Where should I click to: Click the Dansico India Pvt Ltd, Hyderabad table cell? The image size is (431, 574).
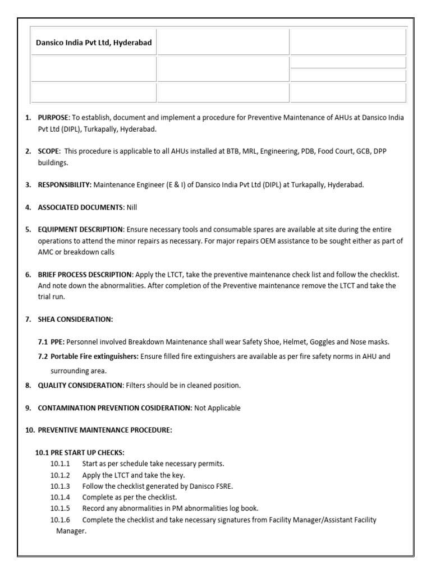pyautogui.click(x=94, y=43)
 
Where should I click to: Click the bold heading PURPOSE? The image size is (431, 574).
pyautogui.click(x=52, y=118)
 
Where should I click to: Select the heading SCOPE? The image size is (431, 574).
pyautogui.click(x=49, y=151)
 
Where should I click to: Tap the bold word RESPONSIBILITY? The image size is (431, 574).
pyautogui.click(x=64, y=185)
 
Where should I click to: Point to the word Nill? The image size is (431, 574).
pyautogui.click(x=132, y=207)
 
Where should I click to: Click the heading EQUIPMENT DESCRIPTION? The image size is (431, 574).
pyautogui.click(x=80, y=230)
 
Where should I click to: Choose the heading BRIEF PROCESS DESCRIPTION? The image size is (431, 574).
pyautogui.click(x=85, y=275)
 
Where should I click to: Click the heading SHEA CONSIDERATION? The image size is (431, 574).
pyautogui.click(x=75, y=319)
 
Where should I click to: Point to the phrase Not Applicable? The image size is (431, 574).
pyautogui.click(x=217, y=408)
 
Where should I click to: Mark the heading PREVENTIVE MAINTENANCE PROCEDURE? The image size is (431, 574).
pyautogui.click(x=104, y=430)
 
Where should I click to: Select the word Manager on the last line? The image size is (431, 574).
pyautogui.click(x=71, y=531)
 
